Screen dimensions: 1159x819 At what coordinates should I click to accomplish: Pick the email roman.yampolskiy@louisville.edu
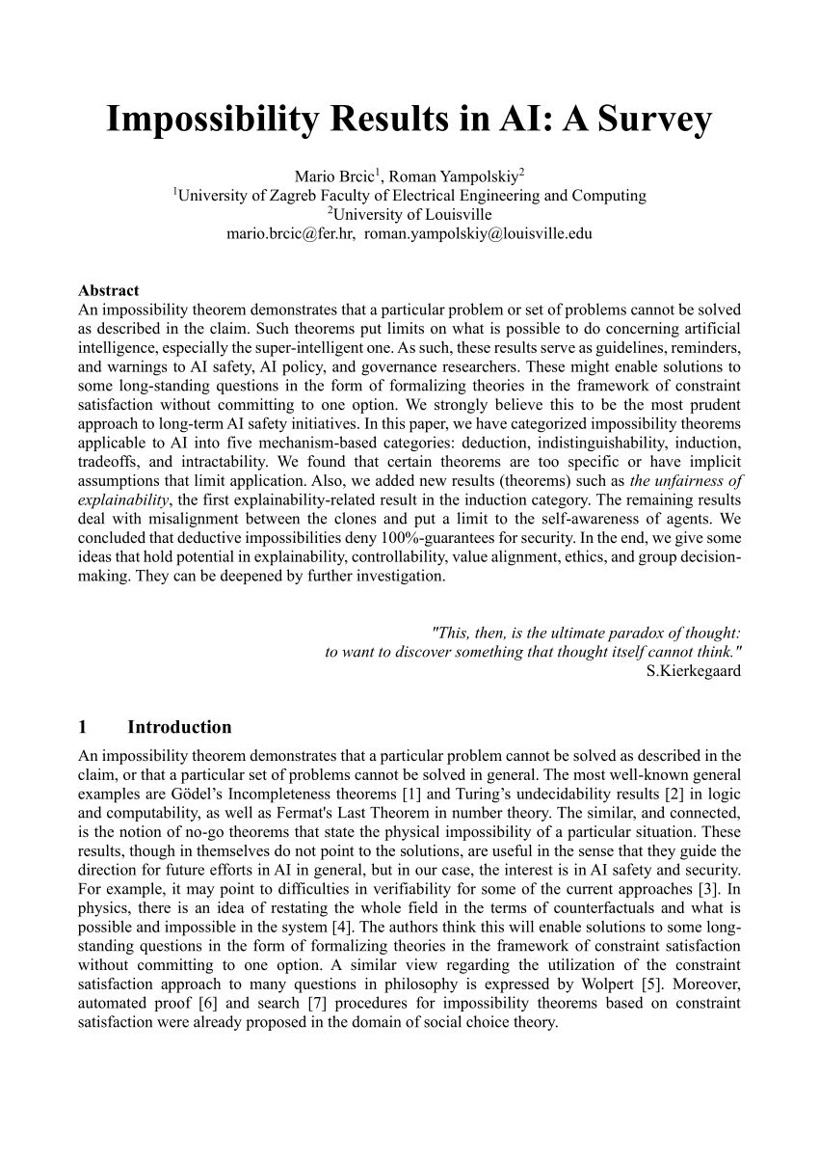tap(479, 233)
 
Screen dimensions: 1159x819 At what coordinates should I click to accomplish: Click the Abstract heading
tap(108, 290)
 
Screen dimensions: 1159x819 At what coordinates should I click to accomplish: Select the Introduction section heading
tap(179, 727)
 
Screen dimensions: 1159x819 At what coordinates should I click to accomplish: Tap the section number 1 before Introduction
tap(83, 727)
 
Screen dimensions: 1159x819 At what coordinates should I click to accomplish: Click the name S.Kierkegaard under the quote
tap(694, 671)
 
